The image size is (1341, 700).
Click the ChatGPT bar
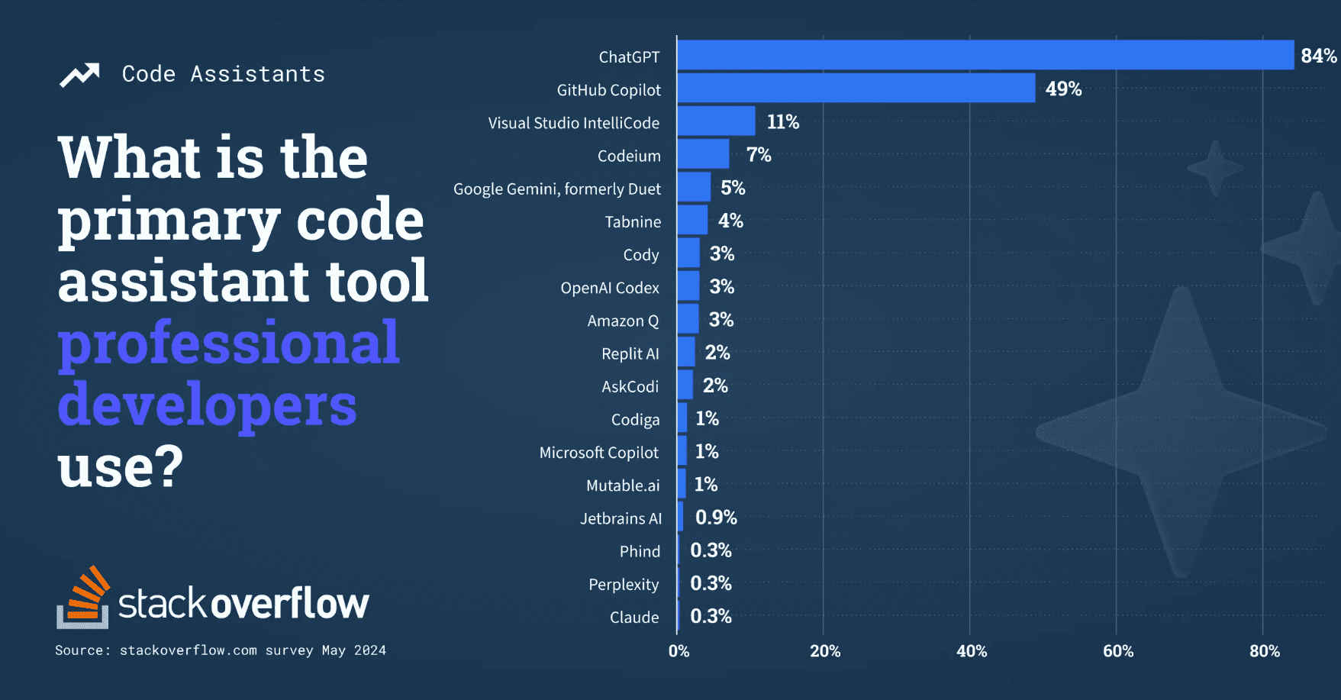[985, 55]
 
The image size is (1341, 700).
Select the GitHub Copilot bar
[856, 88]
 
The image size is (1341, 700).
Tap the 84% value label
[1319, 56]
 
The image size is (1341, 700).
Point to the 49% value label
[1063, 89]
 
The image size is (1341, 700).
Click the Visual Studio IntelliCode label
[574, 123]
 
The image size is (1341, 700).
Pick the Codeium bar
[703, 153]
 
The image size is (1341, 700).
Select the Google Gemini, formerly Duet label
[557, 189]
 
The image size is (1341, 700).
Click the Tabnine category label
[633, 221]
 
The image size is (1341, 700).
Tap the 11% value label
[783, 121]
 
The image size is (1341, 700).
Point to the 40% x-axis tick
[972, 651]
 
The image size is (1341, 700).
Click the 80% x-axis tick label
[1265, 651]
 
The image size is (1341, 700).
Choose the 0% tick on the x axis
[679, 651]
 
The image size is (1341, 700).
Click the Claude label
[634, 617]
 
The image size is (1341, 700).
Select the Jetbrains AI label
[621, 518]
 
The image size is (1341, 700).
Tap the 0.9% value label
[716, 517]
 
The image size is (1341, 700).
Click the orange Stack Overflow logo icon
[83, 597]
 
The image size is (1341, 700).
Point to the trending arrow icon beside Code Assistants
[79, 75]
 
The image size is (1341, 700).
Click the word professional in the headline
[229, 344]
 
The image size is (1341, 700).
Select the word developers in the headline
[207, 405]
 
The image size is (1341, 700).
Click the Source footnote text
[221, 650]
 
